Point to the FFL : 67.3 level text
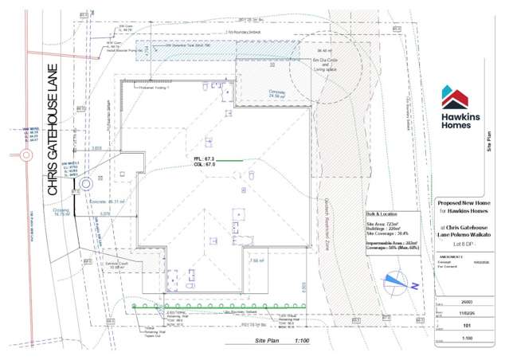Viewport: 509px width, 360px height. click(x=205, y=159)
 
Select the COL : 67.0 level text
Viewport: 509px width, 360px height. click(x=205, y=166)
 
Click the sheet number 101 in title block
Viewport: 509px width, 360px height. click(x=468, y=325)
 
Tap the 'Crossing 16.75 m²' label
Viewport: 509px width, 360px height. click(x=62, y=213)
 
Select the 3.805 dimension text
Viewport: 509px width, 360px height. click(x=96, y=148)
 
